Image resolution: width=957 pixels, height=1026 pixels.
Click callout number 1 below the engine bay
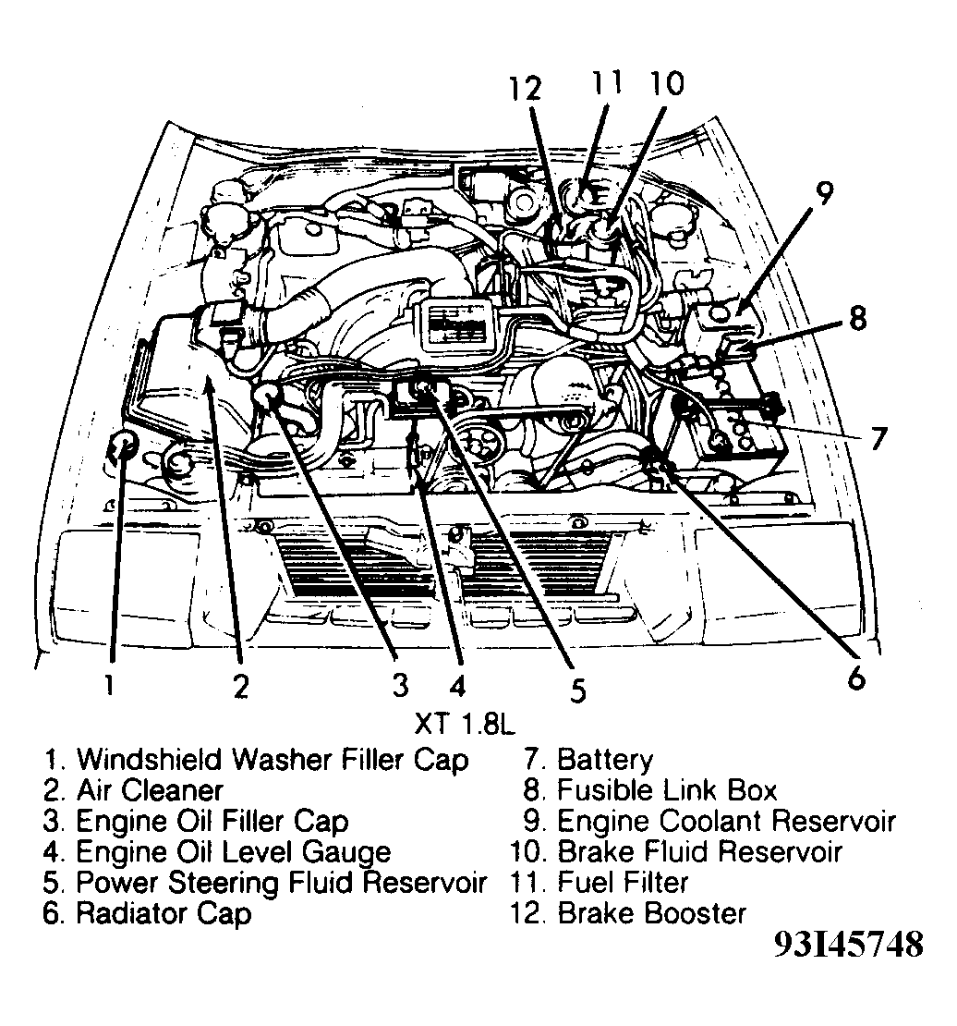[110, 685]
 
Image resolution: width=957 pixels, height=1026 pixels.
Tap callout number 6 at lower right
[857, 678]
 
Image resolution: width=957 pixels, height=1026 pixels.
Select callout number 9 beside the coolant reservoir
[824, 195]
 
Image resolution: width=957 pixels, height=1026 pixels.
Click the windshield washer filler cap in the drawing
[122, 448]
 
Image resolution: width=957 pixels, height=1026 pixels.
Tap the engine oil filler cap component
[268, 398]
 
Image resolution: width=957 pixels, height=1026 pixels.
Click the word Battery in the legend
[605, 761]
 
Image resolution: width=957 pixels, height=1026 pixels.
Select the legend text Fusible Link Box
[666, 791]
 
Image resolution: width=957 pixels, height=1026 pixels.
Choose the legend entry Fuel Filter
[623, 882]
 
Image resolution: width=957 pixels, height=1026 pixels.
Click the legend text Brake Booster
[651, 913]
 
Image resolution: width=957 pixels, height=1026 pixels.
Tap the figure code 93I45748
[848, 946]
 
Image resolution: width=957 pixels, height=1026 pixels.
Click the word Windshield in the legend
[150, 761]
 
